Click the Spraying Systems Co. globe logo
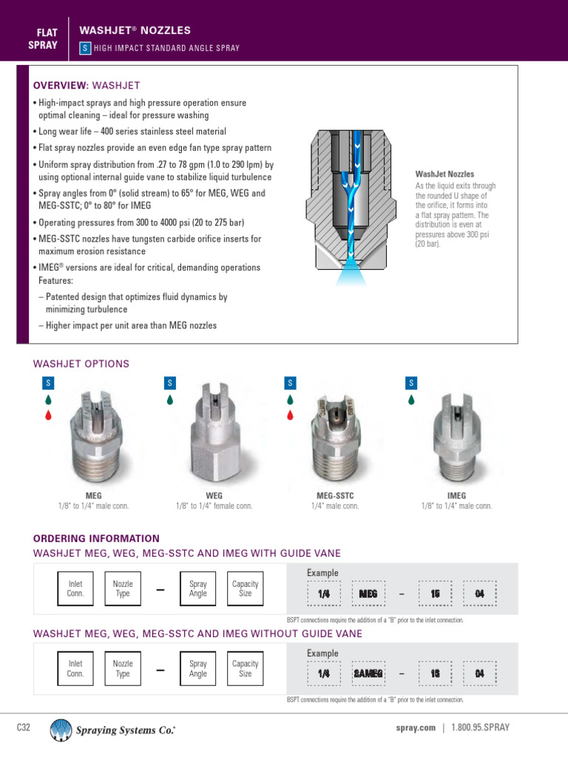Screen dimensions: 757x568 click(x=61, y=730)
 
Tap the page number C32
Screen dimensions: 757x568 click(x=24, y=727)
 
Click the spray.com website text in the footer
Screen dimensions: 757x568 click(x=416, y=727)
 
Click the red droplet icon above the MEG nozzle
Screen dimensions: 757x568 click(x=48, y=415)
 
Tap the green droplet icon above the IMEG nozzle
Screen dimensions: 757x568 click(x=412, y=400)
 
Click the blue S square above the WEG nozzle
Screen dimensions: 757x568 click(x=169, y=382)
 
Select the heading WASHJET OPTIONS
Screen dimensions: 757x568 click(x=81, y=364)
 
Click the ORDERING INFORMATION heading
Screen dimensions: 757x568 click(x=96, y=538)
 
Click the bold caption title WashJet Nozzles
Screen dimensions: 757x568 click(x=445, y=174)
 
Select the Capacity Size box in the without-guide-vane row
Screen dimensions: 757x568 click(x=246, y=669)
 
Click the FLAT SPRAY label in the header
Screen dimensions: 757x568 click(x=47, y=37)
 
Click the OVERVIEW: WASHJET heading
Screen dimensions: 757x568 click(x=87, y=86)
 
